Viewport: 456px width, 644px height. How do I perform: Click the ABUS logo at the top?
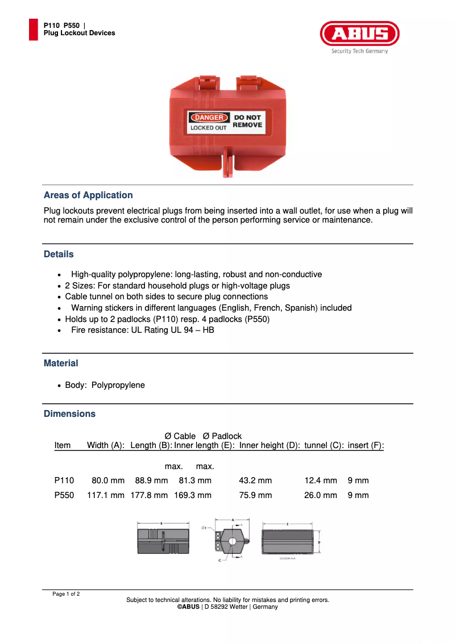[359, 34]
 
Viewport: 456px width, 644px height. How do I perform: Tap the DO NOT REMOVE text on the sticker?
[247, 121]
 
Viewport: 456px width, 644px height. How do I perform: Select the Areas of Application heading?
[88, 195]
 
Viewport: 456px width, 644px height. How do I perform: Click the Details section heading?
[59, 254]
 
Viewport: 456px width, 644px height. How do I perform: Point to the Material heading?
[61, 363]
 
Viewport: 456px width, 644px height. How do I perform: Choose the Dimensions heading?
[69, 414]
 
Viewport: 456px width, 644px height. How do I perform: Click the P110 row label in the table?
[64, 481]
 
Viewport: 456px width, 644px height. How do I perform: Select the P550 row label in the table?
[64, 495]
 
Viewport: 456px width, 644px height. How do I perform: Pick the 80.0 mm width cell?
[108, 481]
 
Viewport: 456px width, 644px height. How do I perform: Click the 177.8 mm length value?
[149, 495]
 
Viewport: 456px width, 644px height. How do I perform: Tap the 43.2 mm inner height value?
[255, 481]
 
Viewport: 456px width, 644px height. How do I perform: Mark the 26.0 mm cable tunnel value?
[321, 495]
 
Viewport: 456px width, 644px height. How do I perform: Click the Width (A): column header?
[106, 446]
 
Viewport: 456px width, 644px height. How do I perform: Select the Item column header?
[63, 446]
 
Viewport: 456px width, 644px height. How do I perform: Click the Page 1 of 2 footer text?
[66, 594]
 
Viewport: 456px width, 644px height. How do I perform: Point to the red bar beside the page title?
[34, 30]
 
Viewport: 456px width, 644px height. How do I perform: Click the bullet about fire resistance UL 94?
[142, 330]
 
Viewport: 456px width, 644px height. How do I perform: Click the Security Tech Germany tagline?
[359, 51]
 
